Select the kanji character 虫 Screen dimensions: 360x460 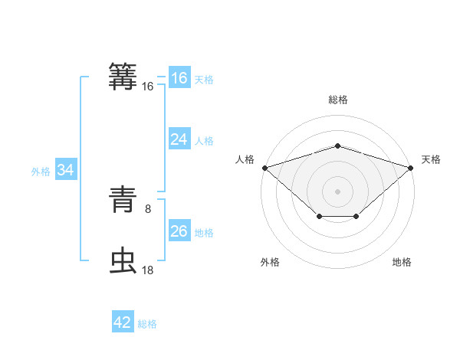123,260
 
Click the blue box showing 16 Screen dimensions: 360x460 179,78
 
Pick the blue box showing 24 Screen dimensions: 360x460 179,139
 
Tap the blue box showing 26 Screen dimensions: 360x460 179,231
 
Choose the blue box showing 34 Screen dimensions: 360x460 66,170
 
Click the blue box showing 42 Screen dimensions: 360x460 122,322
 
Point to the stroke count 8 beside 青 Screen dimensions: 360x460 148,208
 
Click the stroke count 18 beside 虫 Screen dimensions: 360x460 148,270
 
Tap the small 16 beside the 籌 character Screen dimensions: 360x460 148,87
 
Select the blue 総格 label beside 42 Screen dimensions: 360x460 147,324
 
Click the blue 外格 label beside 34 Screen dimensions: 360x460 41,172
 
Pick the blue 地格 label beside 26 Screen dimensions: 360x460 204,233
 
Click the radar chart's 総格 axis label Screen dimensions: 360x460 337,100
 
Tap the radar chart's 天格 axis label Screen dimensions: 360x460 431,159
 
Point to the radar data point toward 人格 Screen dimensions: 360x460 264,167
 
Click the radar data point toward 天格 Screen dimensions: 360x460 411,167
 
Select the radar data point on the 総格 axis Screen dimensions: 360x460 337,146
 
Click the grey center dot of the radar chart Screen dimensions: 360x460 337,191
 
